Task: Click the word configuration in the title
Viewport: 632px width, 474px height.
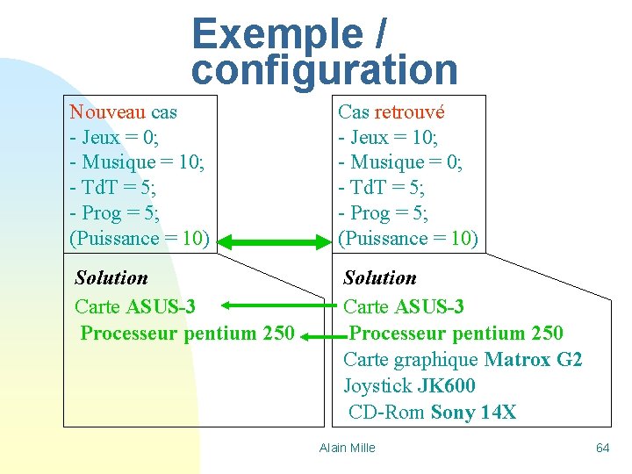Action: (324, 69)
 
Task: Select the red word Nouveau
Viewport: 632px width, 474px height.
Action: (107, 111)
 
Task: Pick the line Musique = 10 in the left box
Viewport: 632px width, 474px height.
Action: (136, 162)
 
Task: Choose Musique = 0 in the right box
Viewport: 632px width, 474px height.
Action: (399, 162)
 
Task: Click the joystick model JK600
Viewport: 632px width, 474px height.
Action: (446, 386)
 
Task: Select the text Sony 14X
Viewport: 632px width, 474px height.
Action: (474, 413)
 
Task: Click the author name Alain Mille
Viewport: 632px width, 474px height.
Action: (347, 448)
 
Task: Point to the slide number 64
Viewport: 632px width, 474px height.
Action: (602, 448)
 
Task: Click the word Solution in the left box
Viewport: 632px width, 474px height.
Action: (111, 278)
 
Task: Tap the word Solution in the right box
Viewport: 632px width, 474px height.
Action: (380, 278)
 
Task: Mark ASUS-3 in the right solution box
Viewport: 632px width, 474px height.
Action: (429, 306)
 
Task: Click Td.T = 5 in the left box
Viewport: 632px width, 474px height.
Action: (118, 187)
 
